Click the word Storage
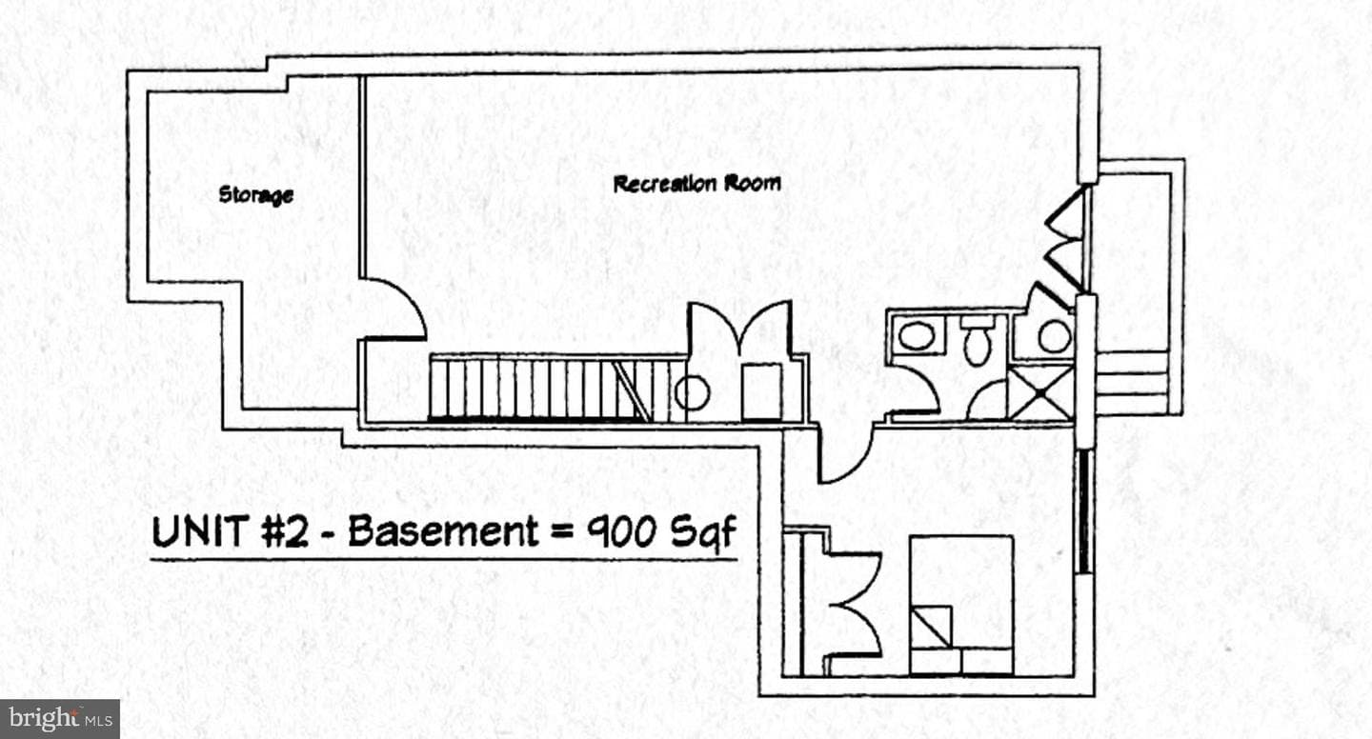[x=256, y=195]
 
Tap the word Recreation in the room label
[x=665, y=184]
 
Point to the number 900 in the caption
[x=621, y=531]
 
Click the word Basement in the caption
[x=443, y=530]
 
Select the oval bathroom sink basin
[x=917, y=337]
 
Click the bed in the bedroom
[x=961, y=605]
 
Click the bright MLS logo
[x=60, y=718]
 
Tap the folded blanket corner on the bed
[x=931, y=627]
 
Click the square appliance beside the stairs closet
[x=761, y=391]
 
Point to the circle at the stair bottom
[x=692, y=393]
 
